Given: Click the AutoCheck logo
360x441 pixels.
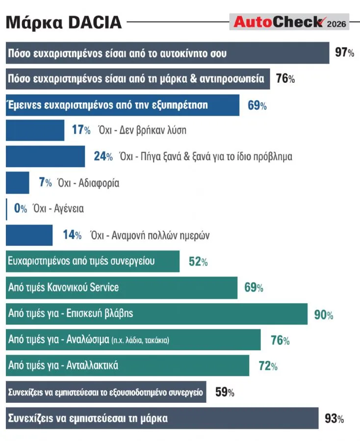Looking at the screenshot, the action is tap(290, 22).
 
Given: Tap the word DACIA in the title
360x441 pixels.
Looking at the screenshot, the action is tap(95, 22).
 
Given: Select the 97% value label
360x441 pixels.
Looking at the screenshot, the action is tap(344, 52).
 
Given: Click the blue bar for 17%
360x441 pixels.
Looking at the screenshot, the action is tap(35, 130).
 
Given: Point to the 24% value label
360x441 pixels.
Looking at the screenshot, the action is tap(103, 156).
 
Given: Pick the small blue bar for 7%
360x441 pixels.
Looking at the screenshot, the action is tap(18, 183).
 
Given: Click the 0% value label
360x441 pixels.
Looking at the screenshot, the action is tap(21, 208).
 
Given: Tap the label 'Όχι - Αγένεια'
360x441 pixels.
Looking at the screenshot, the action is tap(58, 209).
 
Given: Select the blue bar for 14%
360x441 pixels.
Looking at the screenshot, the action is tap(29, 235).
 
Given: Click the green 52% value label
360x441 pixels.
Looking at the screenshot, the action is tap(198, 262).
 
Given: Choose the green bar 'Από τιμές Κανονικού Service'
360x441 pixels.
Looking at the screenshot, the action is tap(122, 288).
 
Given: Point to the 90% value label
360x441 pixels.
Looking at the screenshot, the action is tap(324, 315).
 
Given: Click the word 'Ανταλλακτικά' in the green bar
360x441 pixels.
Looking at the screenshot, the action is tap(92, 366).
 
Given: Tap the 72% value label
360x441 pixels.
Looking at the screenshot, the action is tap(268, 366).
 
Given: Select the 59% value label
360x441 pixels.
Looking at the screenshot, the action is tap(225, 392).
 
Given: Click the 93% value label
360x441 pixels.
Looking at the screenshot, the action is tap(334, 418).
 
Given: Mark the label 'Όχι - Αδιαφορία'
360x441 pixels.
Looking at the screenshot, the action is tap(88, 183).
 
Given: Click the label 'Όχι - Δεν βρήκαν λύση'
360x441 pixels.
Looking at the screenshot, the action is tap(142, 130).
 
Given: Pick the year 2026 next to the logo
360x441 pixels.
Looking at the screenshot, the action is tap(336, 24).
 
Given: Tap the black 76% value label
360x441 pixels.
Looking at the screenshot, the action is tap(285, 78).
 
